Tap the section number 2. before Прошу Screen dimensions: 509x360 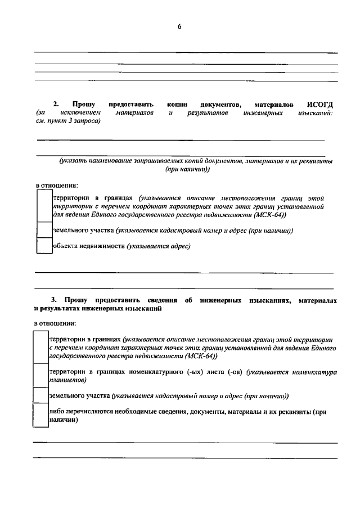(x=56, y=104)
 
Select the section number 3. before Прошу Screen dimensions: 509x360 (x=54, y=301)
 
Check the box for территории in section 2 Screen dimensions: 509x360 (x=44, y=206)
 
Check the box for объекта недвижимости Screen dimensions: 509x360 (x=44, y=246)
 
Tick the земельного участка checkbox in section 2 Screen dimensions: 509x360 (x=44, y=231)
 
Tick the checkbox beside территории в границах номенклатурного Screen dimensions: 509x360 (x=40, y=375)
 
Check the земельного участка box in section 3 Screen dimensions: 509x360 (x=40, y=395)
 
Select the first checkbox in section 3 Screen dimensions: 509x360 (x=40, y=348)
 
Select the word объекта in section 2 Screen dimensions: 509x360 (x=66, y=246)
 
